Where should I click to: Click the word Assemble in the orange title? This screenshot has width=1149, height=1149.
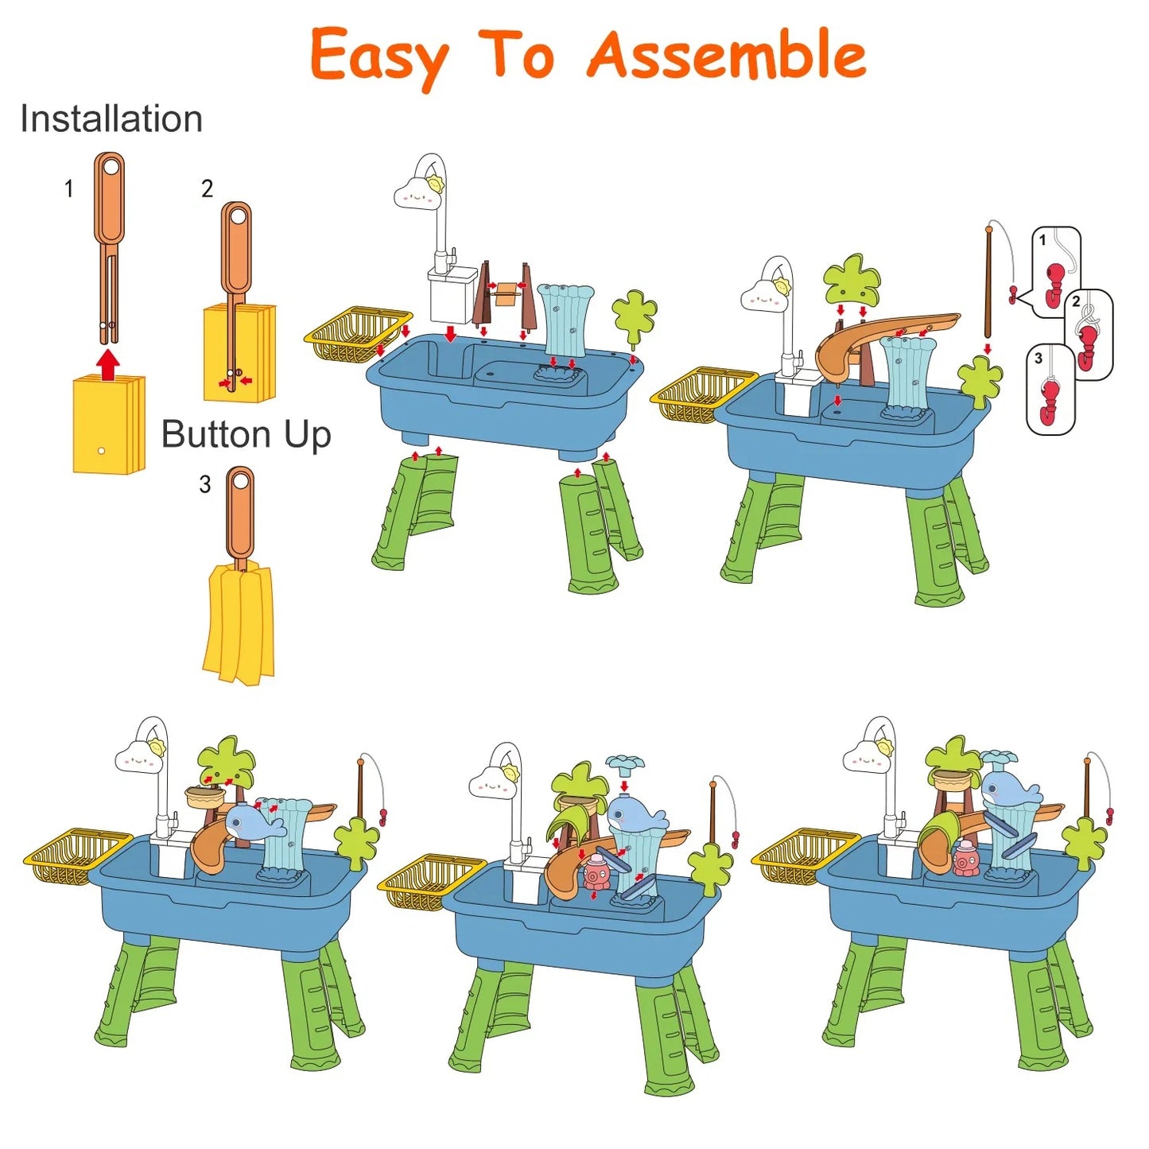coord(728,55)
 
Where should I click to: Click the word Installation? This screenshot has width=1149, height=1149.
coord(111,118)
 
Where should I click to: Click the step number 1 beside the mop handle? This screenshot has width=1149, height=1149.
coord(68,189)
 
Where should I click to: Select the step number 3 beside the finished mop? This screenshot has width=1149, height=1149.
coord(205,484)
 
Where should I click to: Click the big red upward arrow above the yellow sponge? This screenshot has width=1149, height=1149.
coord(108,365)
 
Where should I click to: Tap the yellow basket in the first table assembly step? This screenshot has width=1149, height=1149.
coord(358,336)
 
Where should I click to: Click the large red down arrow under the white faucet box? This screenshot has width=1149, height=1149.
coord(451,333)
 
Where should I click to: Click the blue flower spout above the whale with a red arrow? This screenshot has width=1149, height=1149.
coord(624,762)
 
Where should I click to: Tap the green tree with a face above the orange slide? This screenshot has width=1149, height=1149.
coord(852,278)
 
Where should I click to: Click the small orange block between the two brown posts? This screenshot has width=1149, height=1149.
coord(507,293)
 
